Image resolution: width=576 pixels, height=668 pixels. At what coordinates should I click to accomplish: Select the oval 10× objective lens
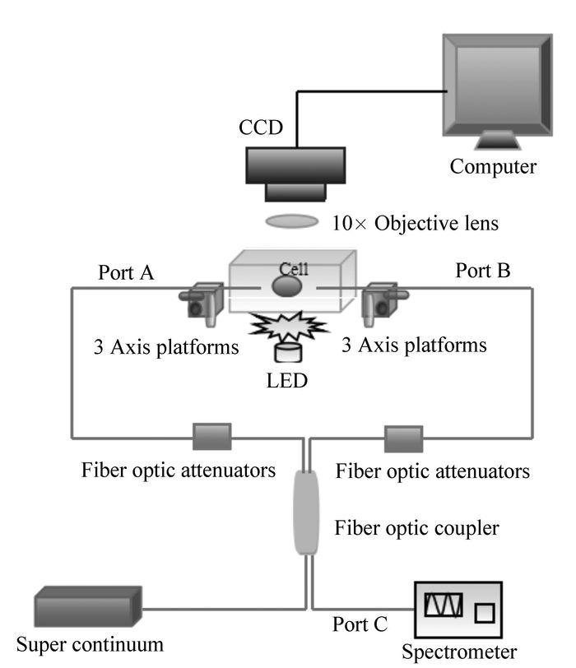pos(292,221)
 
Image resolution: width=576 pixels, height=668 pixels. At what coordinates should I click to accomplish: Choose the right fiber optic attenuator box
pos(403,438)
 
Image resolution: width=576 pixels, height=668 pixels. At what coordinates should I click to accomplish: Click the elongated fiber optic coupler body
pos(306,511)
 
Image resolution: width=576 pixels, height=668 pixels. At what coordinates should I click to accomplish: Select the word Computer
pos(493,167)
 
